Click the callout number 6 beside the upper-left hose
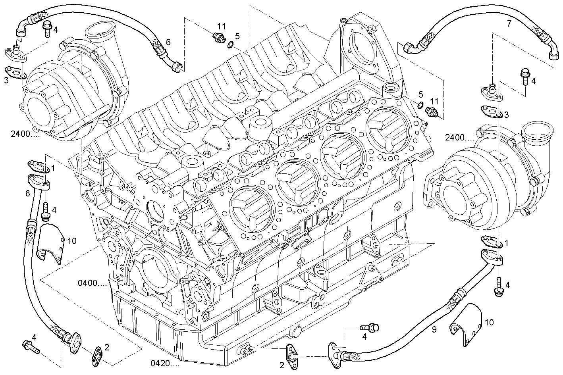[x=168, y=42]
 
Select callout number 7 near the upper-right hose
[x=509, y=24]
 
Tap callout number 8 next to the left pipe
[x=27, y=194]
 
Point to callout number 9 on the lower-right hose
[x=434, y=329]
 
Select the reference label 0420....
[x=165, y=363]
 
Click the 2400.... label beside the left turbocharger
[x=25, y=134]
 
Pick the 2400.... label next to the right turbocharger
[x=459, y=138]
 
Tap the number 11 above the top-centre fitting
[x=221, y=27]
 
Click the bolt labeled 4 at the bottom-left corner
[x=30, y=346]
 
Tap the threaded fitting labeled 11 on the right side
[x=431, y=112]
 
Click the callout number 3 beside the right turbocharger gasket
[x=506, y=115]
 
